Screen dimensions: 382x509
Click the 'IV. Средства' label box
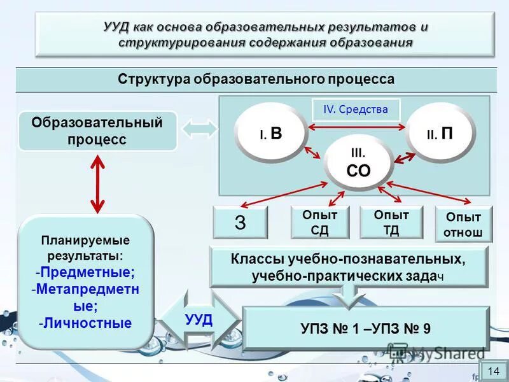click(356, 110)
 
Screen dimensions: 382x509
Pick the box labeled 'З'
click(241, 222)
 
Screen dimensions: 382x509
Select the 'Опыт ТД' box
click(391, 223)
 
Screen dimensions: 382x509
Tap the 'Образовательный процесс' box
click(97, 131)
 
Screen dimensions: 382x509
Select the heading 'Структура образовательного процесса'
click(256, 79)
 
